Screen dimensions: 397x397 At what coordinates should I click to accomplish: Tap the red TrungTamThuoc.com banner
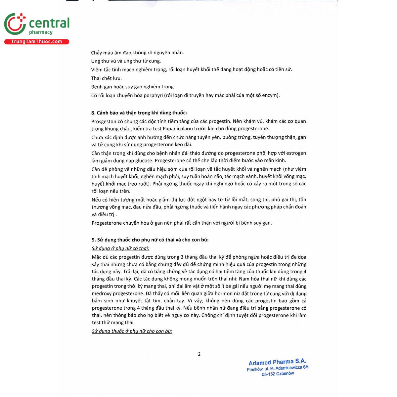(x=36, y=42)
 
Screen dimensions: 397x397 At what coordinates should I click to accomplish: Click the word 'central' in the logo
(x=49, y=23)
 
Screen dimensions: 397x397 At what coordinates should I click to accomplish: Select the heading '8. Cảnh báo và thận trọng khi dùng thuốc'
(x=139, y=112)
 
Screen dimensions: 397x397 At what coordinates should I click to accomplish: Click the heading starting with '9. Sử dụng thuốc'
(x=150, y=240)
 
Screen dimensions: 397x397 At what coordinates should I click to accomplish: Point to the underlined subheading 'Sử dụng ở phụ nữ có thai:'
(x=120, y=248)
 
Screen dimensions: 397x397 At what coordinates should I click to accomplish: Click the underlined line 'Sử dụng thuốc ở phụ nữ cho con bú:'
(x=132, y=331)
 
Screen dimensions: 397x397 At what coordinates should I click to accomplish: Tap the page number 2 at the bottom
(x=199, y=354)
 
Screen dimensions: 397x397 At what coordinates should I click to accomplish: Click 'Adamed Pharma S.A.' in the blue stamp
(x=277, y=362)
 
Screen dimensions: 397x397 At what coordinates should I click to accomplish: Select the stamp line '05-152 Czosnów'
(x=278, y=374)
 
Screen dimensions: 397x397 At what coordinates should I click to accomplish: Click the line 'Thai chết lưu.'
(x=107, y=78)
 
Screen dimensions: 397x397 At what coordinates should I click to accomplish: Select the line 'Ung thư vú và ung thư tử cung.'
(x=126, y=61)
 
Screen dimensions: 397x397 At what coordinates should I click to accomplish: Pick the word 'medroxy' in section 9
(x=102, y=293)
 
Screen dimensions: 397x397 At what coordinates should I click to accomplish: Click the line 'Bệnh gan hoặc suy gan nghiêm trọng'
(x=132, y=87)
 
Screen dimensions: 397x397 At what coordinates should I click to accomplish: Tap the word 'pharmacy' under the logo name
(x=41, y=32)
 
